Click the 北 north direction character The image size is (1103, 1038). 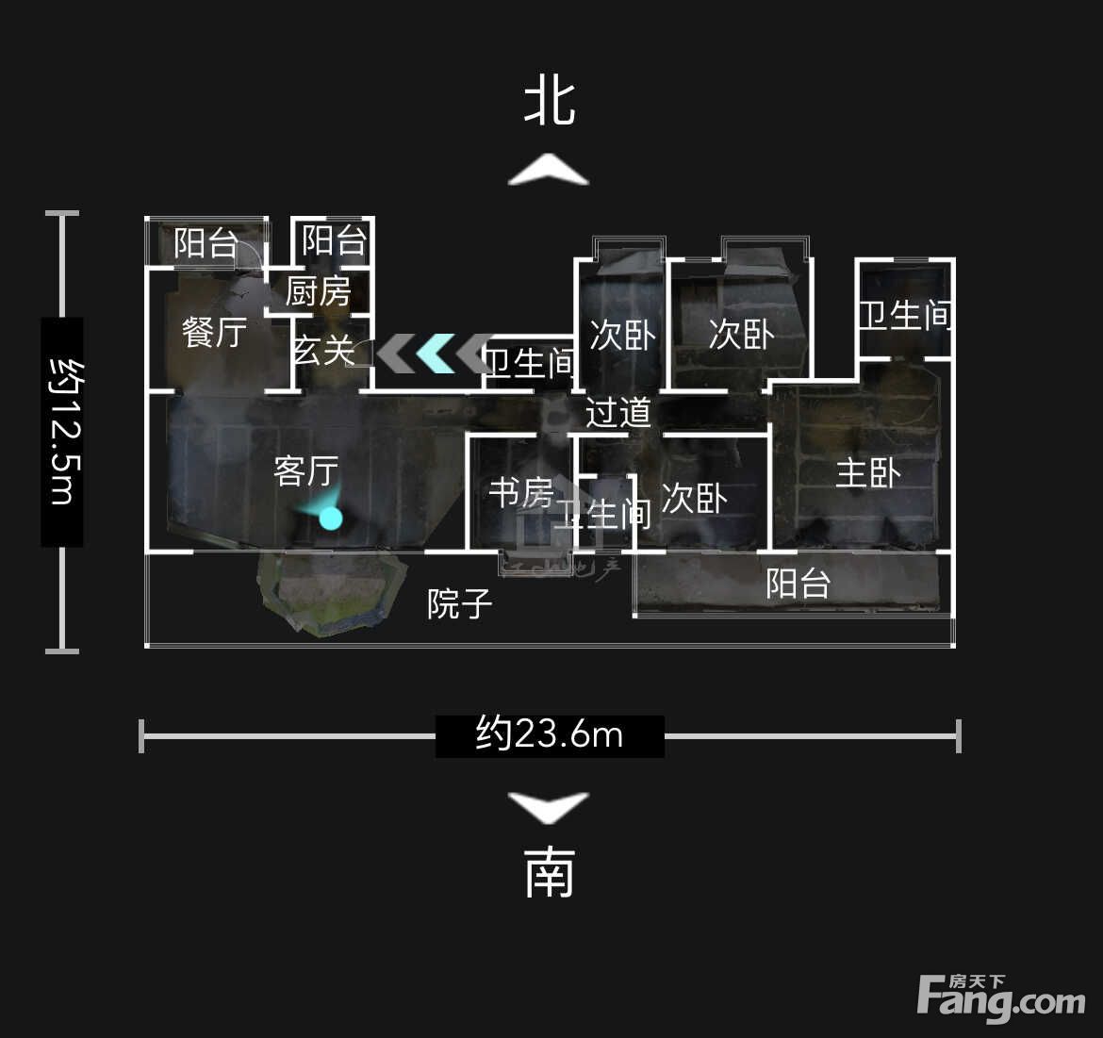(551, 104)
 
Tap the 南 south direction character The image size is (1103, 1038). (551, 873)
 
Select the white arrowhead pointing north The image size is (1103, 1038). (549, 170)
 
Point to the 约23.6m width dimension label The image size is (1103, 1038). (550, 735)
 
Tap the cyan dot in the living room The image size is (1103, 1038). (331, 519)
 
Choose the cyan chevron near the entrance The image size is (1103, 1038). (436, 353)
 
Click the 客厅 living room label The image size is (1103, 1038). (306, 471)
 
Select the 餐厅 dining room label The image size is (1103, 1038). (215, 332)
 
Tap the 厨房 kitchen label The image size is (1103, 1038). (318, 291)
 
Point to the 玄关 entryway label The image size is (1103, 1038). (323, 350)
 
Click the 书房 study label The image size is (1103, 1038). (521, 493)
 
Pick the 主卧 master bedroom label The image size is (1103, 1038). (869, 472)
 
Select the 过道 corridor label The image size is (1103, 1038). (617, 413)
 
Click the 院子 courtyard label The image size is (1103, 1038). (459, 604)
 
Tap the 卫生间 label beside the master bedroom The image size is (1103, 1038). (905, 315)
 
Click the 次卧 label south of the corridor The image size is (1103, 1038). (694, 499)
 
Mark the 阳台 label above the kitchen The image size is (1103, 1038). (334, 240)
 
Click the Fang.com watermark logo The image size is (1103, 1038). (1001, 997)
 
